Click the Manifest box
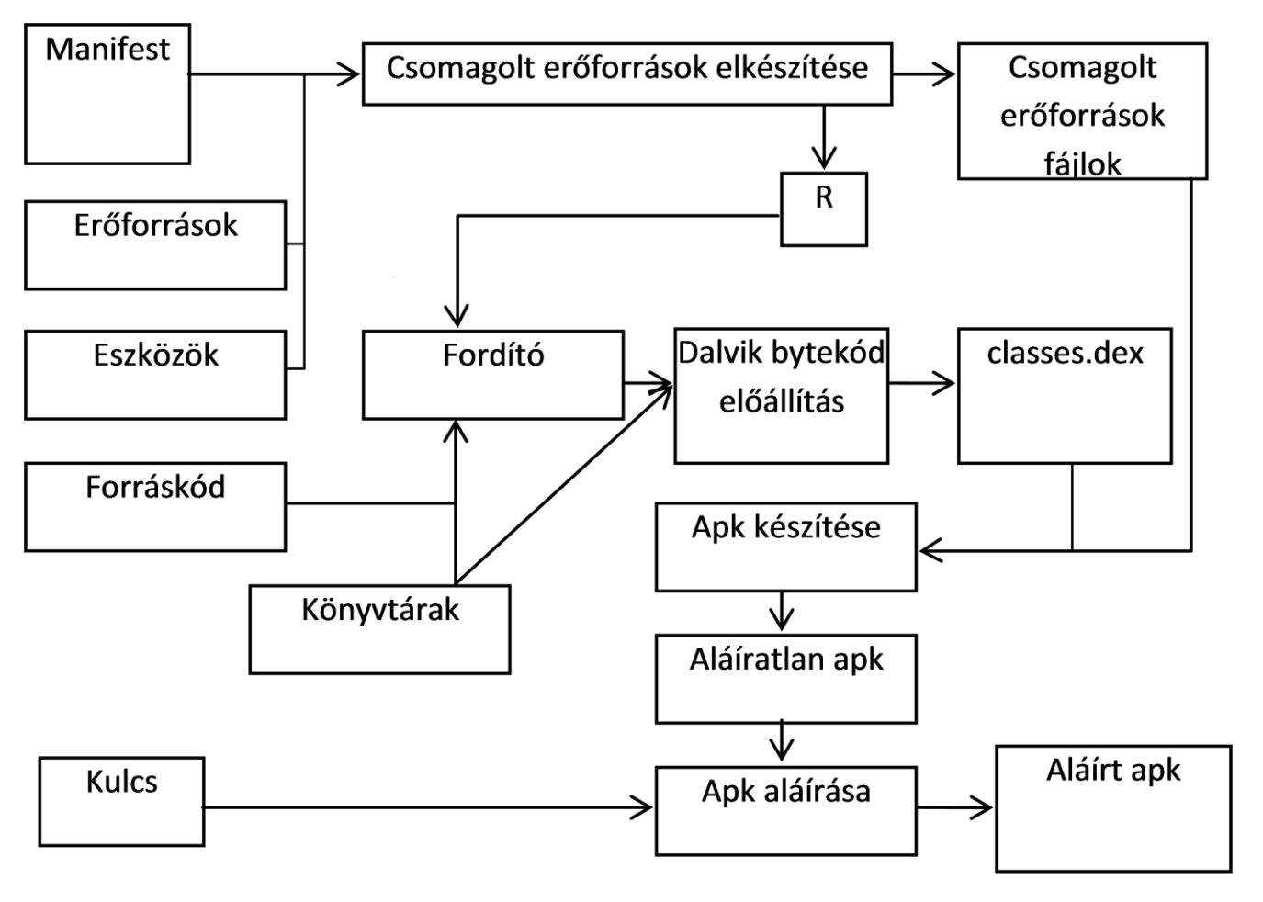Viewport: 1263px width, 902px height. click(107, 95)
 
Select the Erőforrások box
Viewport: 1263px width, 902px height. click(155, 246)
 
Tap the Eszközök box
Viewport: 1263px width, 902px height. click(155, 376)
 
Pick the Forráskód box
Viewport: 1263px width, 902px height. click(155, 507)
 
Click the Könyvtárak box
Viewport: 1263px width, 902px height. click(379, 630)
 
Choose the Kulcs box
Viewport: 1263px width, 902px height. click(121, 802)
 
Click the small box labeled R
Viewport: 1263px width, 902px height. click(824, 209)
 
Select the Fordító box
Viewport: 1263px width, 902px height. click(493, 376)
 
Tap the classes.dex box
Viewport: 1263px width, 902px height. click(1065, 396)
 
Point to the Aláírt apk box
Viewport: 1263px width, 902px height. click(1113, 808)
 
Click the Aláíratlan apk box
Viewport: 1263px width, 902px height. click(786, 679)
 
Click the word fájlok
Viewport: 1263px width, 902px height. click(1082, 164)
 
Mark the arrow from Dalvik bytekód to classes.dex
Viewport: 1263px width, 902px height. click(922, 383)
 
